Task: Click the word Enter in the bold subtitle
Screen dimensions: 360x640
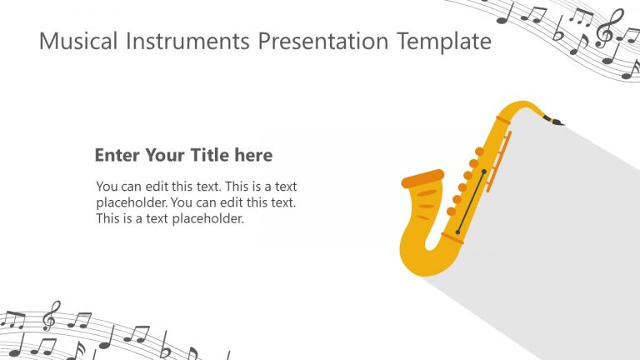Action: point(117,155)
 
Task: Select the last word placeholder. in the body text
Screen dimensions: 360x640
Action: point(204,219)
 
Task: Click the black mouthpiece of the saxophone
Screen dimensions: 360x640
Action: point(553,122)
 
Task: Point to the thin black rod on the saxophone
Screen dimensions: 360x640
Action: point(471,201)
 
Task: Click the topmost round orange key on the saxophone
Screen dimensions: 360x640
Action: point(480,152)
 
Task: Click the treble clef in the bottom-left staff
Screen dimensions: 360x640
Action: point(51,316)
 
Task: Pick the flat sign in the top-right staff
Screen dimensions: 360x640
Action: point(559,32)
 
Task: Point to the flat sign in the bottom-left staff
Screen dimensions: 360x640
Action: point(165,344)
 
